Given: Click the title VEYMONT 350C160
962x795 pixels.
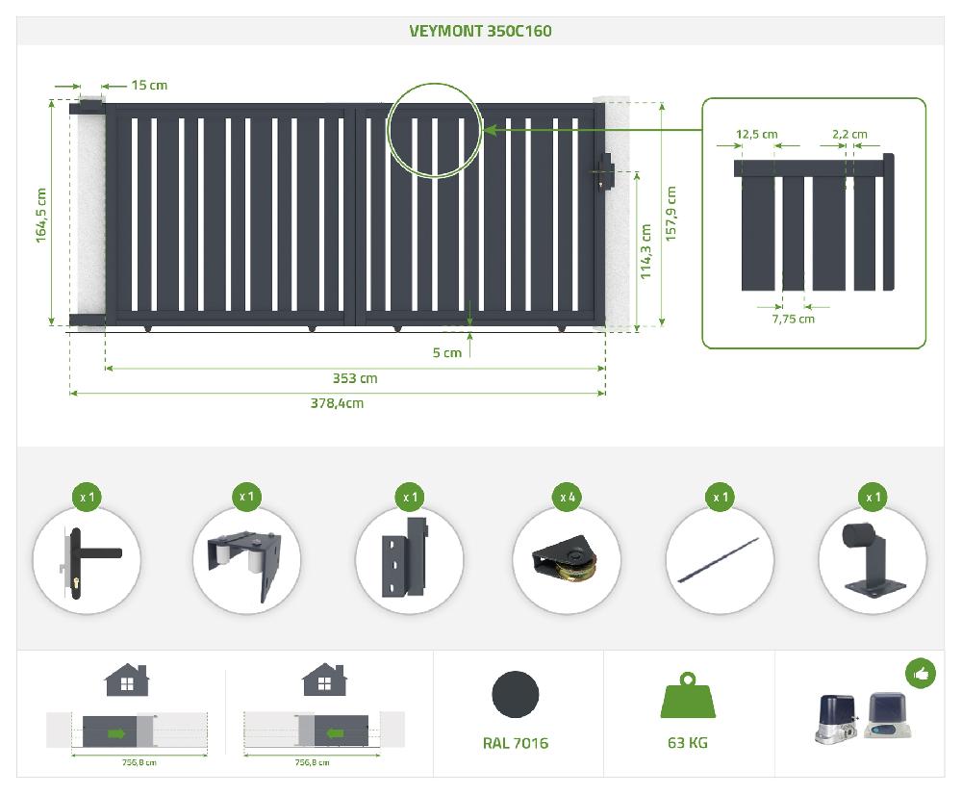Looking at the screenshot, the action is (x=480, y=31).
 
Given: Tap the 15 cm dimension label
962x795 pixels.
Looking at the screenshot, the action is (x=149, y=86).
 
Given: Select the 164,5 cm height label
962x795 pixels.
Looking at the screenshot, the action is (x=40, y=215).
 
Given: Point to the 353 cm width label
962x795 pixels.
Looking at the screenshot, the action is (x=355, y=378).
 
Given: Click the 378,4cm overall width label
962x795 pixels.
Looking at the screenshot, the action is (x=337, y=403).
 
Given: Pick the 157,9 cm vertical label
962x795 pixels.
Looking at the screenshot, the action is (x=671, y=214).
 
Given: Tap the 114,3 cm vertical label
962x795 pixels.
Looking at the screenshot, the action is (x=646, y=252).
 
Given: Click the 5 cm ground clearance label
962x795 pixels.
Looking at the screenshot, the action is (x=446, y=353).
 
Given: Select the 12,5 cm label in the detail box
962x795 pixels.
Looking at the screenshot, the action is (x=756, y=134).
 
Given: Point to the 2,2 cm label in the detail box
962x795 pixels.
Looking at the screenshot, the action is (x=849, y=134).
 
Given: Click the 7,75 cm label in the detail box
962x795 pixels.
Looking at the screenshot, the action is (x=794, y=319).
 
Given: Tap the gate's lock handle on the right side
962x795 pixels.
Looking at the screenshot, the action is (x=605, y=172).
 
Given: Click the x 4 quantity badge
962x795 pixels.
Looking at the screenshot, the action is (x=568, y=497).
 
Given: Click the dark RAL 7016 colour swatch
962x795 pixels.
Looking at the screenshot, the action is (x=516, y=694).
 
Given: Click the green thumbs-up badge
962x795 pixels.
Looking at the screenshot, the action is (x=921, y=674).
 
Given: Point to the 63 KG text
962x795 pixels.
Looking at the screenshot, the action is (x=688, y=743).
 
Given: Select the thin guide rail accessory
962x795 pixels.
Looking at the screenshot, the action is (x=718, y=560).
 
